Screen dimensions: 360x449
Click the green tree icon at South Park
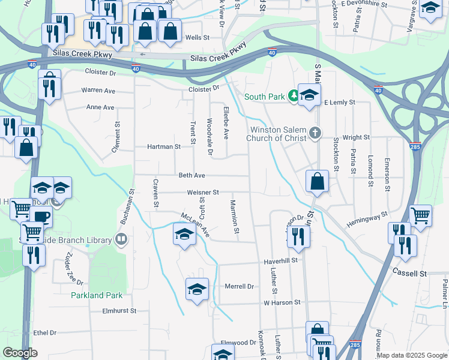coord(294,96)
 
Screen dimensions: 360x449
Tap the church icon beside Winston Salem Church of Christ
coord(314,133)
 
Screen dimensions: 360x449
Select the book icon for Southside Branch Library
coord(121,240)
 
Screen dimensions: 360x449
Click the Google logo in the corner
coord(20,353)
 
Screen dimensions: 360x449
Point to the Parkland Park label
coord(97,295)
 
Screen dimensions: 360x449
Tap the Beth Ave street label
coord(192,175)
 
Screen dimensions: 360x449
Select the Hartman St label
coord(164,146)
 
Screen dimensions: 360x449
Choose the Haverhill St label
coord(281,262)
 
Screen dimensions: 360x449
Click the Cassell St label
coord(409,273)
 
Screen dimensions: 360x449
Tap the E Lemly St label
coord(340,103)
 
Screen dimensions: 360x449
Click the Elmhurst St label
coord(120,311)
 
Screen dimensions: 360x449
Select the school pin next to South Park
coord(309,95)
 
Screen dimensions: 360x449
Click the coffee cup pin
coord(41,217)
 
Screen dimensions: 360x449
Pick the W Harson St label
coord(282,302)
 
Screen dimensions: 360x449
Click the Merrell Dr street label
coord(240,286)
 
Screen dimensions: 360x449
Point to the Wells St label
coord(197,37)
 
